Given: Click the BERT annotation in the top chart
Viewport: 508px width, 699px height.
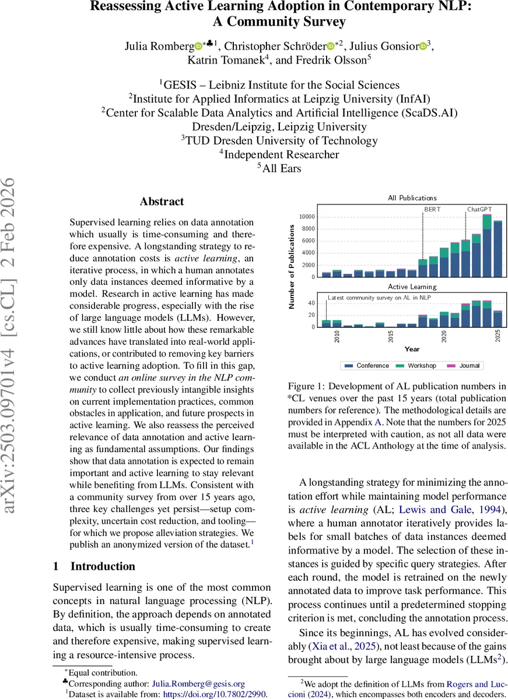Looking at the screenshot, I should click(x=433, y=209).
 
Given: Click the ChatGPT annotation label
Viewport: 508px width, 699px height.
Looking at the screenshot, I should click(x=480, y=209).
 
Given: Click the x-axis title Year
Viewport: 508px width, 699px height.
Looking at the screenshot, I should click(x=412, y=349).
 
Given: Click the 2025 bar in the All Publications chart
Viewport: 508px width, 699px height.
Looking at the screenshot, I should click(x=498, y=249).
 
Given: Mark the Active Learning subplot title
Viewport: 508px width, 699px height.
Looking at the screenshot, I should click(x=412, y=287).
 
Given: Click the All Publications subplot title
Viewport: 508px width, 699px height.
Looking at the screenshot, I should click(x=412, y=198).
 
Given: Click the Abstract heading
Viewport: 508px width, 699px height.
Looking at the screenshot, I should click(x=162, y=202).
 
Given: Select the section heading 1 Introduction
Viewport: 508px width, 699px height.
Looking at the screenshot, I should click(x=94, y=566).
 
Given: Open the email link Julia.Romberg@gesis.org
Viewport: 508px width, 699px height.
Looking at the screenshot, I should click(x=198, y=683).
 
